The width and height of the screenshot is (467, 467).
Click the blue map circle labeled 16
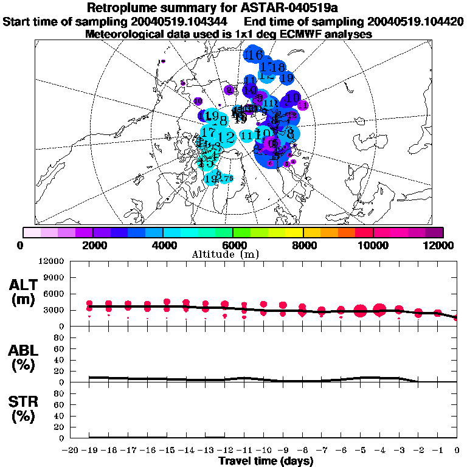tap(254, 55)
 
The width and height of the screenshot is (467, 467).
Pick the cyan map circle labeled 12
tap(226, 137)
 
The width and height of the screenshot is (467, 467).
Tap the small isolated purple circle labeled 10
tap(198, 101)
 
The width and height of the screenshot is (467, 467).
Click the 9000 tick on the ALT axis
tap(56, 277)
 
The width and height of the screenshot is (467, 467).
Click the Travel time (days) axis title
tap(266, 461)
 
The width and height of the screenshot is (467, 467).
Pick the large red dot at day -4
tap(380, 310)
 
